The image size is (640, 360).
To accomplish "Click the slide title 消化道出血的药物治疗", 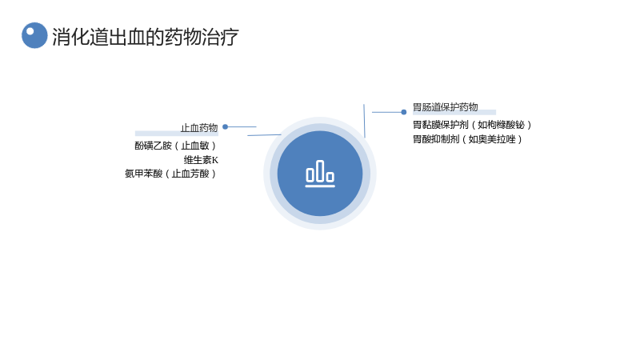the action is pyautogui.click(x=146, y=37).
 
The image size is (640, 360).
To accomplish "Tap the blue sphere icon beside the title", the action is pyautogui.click(x=34, y=35).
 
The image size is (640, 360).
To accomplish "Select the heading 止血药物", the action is pyautogui.click(x=199, y=128).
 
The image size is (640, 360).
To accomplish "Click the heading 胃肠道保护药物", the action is pyautogui.click(x=446, y=107).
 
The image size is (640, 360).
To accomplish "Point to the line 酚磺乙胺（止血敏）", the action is pyautogui.click(x=175, y=146).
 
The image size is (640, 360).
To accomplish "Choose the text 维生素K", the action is pyautogui.click(x=201, y=159).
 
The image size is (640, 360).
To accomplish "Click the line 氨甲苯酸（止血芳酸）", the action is pyautogui.click(x=170, y=174).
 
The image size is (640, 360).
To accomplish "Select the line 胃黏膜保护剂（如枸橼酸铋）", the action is pyautogui.click(x=472, y=125).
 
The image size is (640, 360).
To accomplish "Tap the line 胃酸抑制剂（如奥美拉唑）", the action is pyautogui.click(x=468, y=138).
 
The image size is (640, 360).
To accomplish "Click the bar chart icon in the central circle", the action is pyautogui.click(x=320, y=174).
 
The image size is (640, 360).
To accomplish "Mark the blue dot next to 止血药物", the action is pyautogui.click(x=225, y=127).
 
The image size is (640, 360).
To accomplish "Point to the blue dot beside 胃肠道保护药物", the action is pyautogui.click(x=404, y=112).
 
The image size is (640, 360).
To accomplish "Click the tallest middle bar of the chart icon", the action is pyautogui.click(x=320, y=171).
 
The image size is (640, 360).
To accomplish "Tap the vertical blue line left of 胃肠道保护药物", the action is pyautogui.click(x=365, y=121).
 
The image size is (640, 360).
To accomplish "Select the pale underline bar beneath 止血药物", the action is pyautogui.click(x=177, y=134).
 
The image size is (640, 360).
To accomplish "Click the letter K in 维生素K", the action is pyautogui.click(x=215, y=160).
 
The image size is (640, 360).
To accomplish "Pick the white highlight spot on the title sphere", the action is pyautogui.click(x=30, y=31).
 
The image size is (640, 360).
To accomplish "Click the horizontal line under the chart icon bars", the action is pyautogui.click(x=320, y=186).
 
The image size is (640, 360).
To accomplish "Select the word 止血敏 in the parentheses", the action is pyautogui.click(x=195, y=146).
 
